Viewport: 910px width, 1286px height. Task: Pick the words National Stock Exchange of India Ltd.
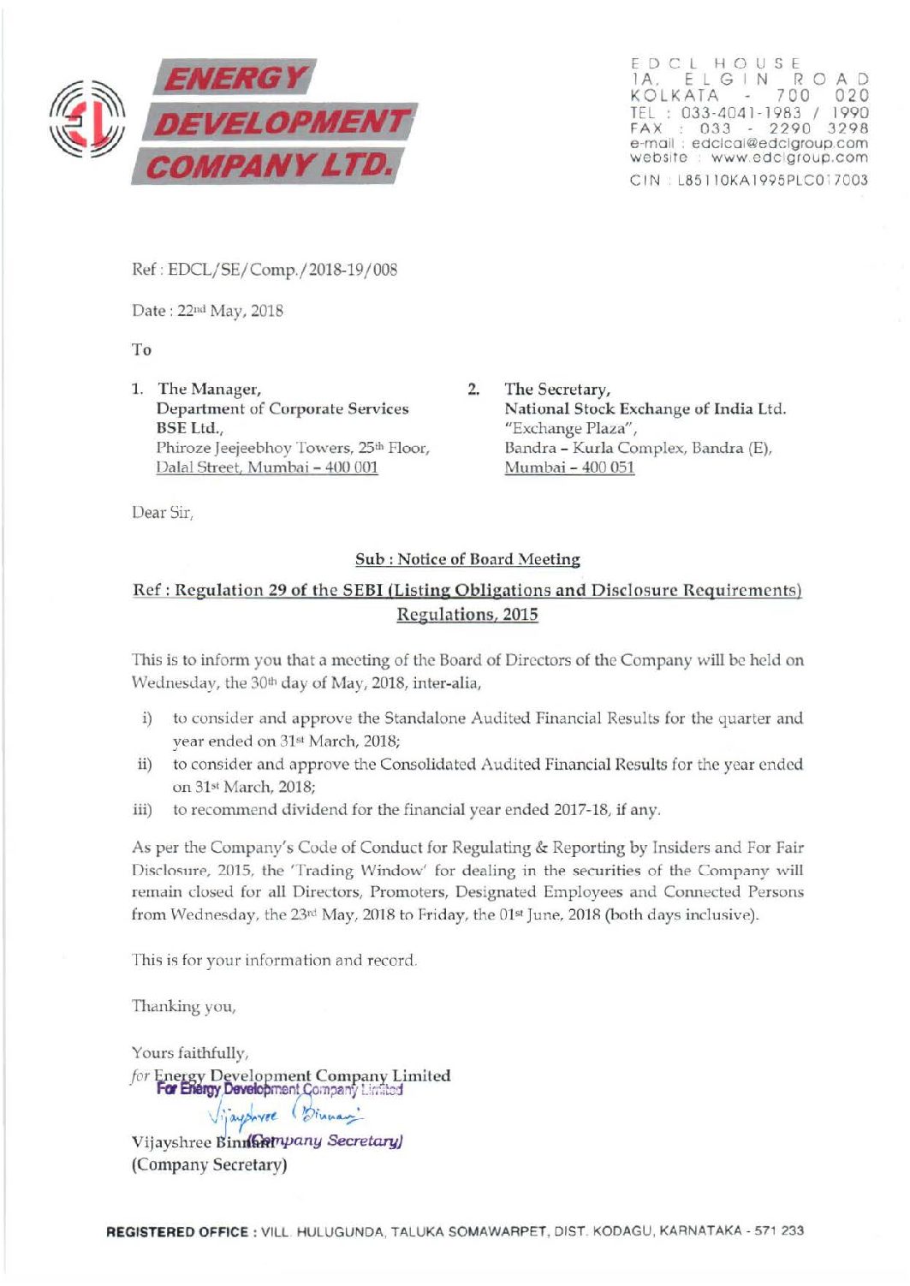pyautogui.click(x=645, y=408)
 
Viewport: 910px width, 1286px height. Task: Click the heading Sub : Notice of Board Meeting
pyautogui.click(x=467, y=559)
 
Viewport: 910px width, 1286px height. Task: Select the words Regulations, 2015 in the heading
pyautogui.click(x=467, y=615)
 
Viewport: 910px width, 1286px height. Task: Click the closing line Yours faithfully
pyautogui.click(x=190, y=1052)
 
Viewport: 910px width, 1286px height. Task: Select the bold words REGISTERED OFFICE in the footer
pyautogui.click(x=177, y=1231)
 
